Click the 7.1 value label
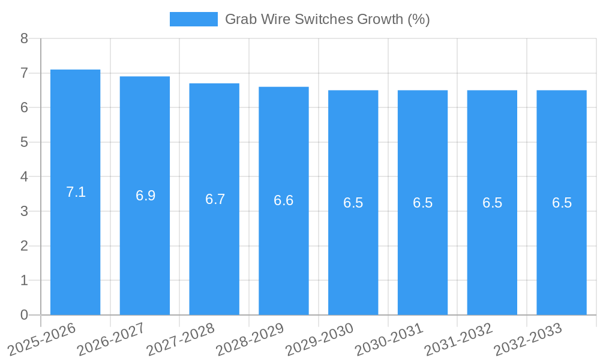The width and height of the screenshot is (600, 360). coord(76,192)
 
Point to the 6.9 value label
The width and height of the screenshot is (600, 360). coord(145,196)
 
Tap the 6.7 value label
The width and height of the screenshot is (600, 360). coord(215,199)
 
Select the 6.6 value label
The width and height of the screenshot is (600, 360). coord(284,200)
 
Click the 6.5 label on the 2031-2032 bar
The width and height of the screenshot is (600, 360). coord(492,203)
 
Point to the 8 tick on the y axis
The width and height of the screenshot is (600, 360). coord(24,38)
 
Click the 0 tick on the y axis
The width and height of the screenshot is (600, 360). coord(24,315)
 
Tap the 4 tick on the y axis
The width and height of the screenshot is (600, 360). coord(24,177)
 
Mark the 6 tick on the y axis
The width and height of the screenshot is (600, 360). coord(24,108)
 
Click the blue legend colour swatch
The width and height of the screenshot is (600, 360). coord(193,19)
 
